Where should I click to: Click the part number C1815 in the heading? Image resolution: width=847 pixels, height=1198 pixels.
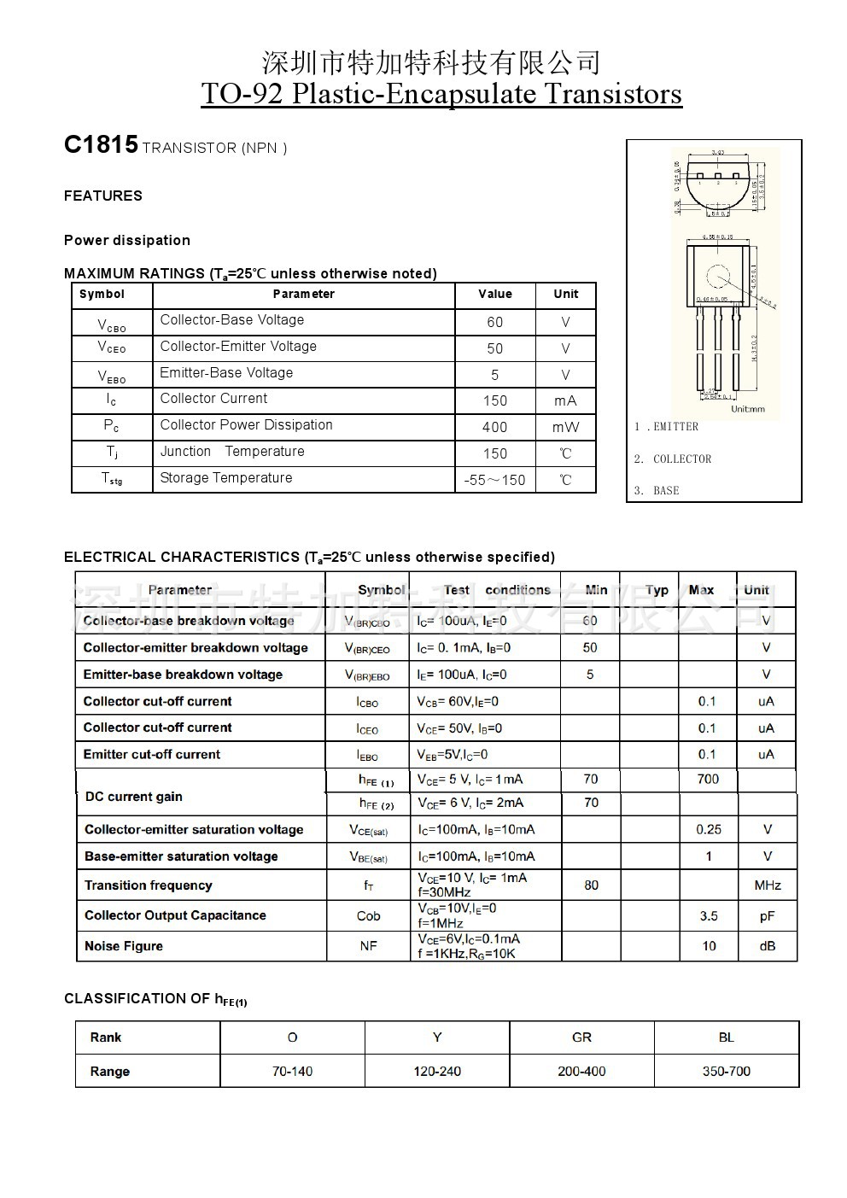pyautogui.click(x=101, y=145)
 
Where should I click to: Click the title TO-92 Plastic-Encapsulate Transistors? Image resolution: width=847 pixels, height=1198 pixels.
pyautogui.click(x=441, y=93)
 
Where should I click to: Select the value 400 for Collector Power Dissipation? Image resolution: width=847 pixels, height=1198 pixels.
pyautogui.click(x=494, y=427)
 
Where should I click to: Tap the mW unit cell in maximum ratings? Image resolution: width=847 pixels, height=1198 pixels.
pyautogui.click(x=565, y=427)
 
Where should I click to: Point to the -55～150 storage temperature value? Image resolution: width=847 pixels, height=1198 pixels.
pyautogui.click(x=494, y=480)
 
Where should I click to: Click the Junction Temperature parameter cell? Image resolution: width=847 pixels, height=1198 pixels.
pyautogui.click(x=232, y=452)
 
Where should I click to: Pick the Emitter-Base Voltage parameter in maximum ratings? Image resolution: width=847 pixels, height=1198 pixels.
pyautogui.click(x=226, y=373)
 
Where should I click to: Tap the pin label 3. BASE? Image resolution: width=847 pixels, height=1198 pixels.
pyautogui.click(x=657, y=491)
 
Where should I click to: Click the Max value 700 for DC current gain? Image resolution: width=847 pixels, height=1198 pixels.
pyautogui.click(x=708, y=779)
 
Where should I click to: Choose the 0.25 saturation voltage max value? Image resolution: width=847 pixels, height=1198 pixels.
pyautogui.click(x=709, y=829)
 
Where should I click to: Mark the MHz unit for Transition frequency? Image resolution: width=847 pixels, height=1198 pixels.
pyautogui.click(x=768, y=885)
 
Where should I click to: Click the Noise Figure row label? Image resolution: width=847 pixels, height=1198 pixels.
pyautogui.click(x=124, y=946)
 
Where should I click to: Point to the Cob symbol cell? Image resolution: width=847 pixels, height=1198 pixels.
pyautogui.click(x=368, y=916)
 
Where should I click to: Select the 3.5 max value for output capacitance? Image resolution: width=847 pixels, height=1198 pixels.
pyautogui.click(x=709, y=916)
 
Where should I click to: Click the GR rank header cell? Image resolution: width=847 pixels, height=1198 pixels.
pyautogui.click(x=581, y=1037)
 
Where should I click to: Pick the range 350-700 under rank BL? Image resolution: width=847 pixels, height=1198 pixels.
pyautogui.click(x=727, y=1072)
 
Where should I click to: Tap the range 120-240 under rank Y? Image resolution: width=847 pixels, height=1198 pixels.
pyautogui.click(x=437, y=1072)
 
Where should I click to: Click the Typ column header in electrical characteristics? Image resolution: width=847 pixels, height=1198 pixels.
pyautogui.click(x=657, y=590)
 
